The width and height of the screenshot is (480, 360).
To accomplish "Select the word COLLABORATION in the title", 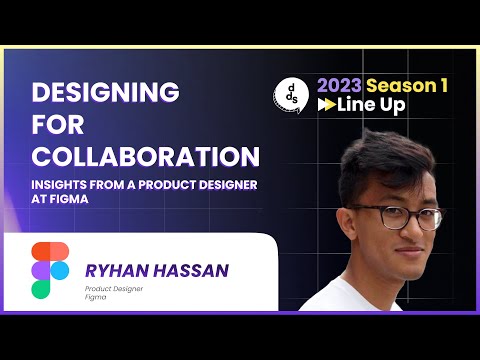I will (146, 158).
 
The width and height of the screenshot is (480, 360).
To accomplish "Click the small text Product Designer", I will (112, 289).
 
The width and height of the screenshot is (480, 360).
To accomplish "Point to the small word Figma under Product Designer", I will (96, 298).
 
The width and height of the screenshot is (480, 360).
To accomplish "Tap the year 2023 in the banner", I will (338, 86).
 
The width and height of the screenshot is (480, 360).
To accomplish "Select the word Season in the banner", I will (401, 86).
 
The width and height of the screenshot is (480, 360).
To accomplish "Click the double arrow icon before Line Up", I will (326, 106).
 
